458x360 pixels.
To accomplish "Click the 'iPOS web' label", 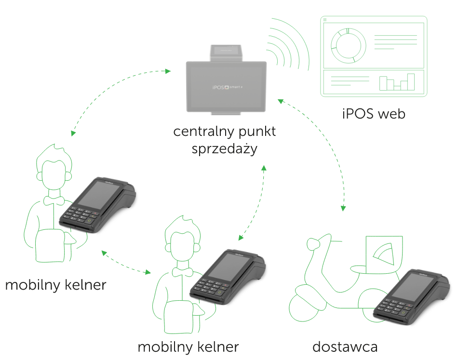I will [x=374, y=114].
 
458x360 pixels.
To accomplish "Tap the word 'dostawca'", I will [x=345, y=347].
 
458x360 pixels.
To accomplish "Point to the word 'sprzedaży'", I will [x=224, y=149].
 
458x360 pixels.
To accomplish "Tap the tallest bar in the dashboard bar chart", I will [x=410, y=81].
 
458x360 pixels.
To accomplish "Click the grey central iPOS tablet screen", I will [x=227, y=87].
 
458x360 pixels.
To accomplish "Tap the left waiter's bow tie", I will [x=54, y=200].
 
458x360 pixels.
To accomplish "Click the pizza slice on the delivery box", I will [x=386, y=255].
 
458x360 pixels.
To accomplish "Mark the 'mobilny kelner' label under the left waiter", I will [x=55, y=285].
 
